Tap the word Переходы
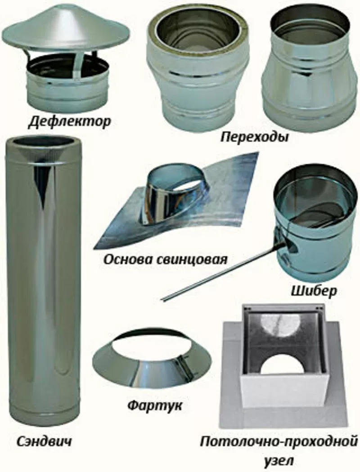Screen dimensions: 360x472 (254, 137)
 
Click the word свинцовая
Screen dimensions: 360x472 (191, 259)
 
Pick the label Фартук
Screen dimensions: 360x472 (154, 405)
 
